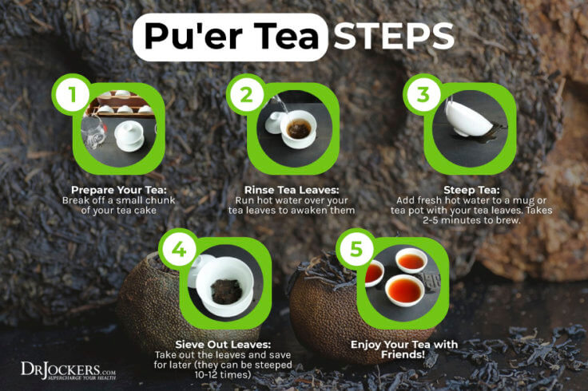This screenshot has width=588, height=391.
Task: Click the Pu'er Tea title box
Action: (x=231, y=37)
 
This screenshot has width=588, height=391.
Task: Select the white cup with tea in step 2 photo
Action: (x=298, y=128)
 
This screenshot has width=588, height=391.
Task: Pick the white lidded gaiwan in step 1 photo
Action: (x=129, y=133)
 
